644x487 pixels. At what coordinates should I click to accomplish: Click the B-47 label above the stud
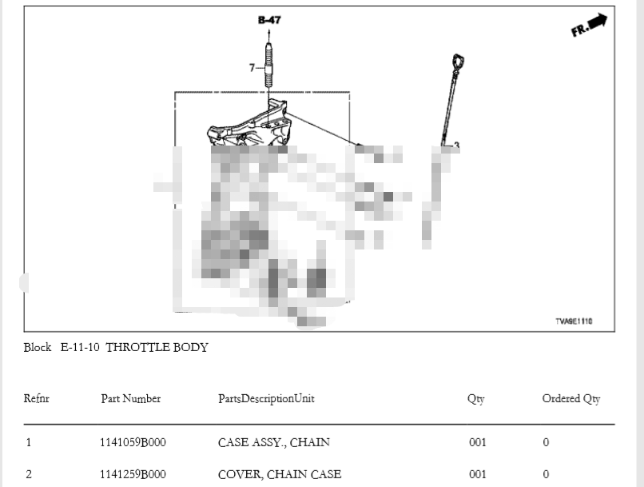pyautogui.click(x=269, y=20)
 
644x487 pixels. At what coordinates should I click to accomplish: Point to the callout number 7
pyautogui.click(x=252, y=68)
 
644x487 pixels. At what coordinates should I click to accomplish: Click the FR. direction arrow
pyautogui.click(x=589, y=26)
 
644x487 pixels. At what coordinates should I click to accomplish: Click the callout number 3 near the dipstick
pyautogui.click(x=456, y=146)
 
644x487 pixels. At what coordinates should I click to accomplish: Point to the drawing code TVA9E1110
pyautogui.click(x=574, y=321)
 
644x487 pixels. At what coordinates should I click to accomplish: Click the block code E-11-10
pyautogui.click(x=80, y=347)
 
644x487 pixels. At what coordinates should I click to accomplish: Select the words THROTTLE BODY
pyautogui.click(x=157, y=347)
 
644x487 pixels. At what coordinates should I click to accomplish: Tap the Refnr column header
pyautogui.click(x=37, y=398)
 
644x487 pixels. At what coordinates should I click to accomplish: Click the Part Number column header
pyautogui.click(x=130, y=398)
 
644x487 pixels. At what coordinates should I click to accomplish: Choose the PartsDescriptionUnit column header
pyautogui.click(x=266, y=398)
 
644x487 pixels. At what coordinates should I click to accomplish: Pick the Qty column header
pyautogui.click(x=475, y=399)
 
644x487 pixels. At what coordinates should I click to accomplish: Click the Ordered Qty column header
pyautogui.click(x=570, y=399)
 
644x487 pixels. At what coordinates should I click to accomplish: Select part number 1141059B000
pyautogui.click(x=133, y=442)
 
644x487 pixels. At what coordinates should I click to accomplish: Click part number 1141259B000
pyautogui.click(x=133, y=474)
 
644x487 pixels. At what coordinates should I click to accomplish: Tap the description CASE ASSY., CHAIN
pyautogui.click(x=273, y=442)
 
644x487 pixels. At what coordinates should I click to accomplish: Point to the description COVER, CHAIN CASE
pyautogui.click(x=279, y=474)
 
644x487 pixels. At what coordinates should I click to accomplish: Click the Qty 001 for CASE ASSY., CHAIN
pyautogui.click(x=477, y=442)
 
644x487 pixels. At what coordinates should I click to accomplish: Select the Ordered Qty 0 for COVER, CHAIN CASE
pyautogui.click(x=546, y=474)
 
